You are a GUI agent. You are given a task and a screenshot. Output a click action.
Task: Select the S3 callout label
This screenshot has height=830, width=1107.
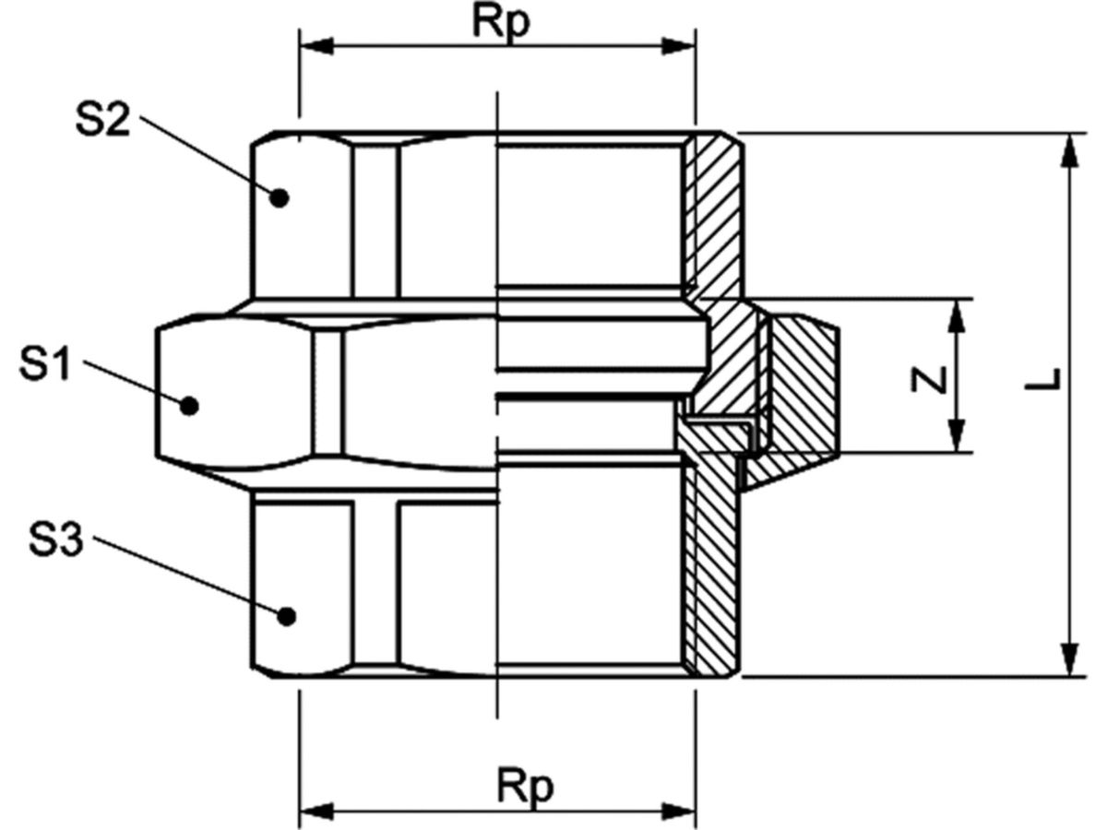55,539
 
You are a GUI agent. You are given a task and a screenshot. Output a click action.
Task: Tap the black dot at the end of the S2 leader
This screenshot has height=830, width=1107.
279,197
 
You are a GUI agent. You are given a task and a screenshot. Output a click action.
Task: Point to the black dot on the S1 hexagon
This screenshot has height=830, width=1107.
189,406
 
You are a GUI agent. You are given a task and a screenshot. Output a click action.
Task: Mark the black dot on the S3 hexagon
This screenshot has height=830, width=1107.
287,616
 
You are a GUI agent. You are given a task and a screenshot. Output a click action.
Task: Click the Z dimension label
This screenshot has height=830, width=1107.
928,379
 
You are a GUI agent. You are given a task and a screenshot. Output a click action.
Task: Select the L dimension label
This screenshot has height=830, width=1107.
1042,379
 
